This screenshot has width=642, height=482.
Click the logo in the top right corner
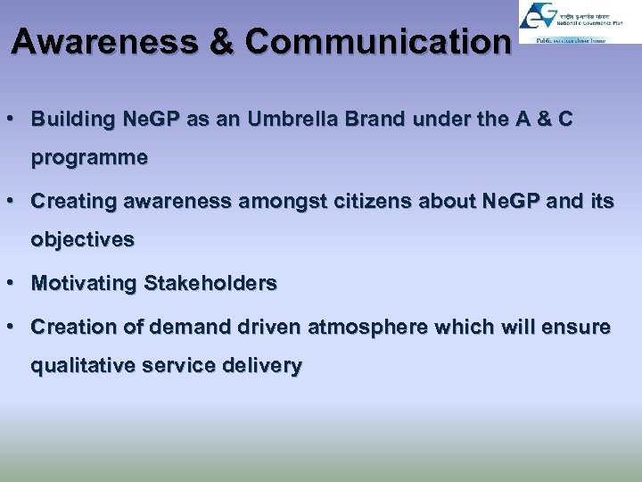tap(580, 23)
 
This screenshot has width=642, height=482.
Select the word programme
tap(89, 159)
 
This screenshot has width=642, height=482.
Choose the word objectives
tap(82, 240)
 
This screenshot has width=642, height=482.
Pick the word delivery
tap(266, 366)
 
